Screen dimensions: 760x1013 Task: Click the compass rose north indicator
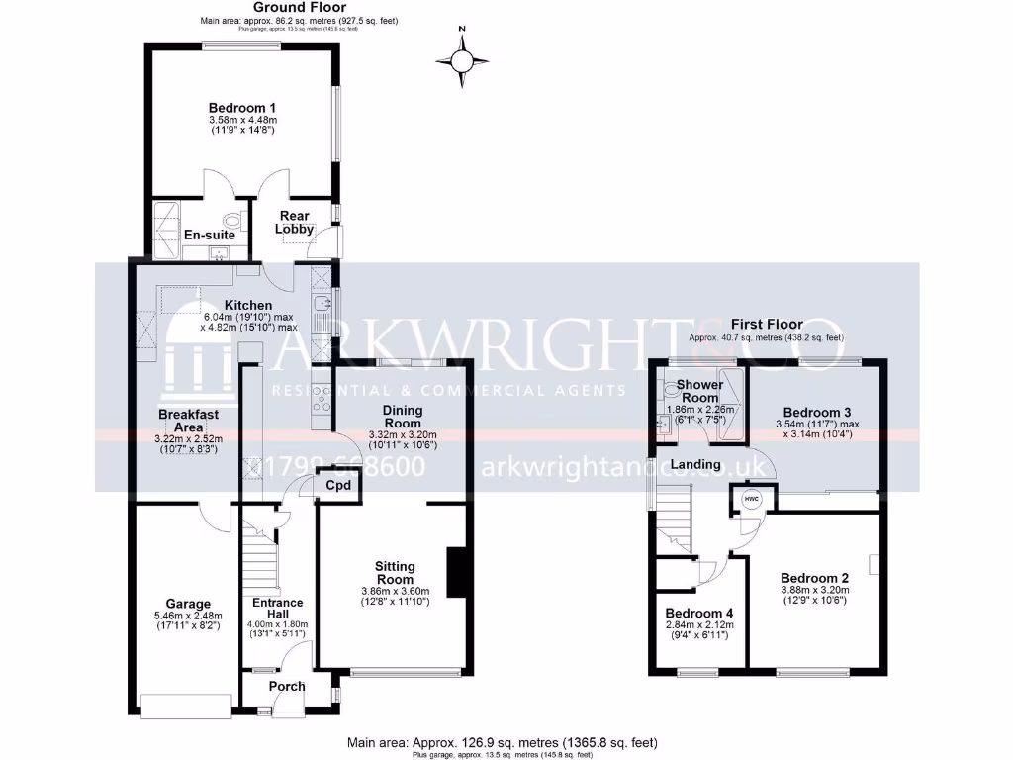462,60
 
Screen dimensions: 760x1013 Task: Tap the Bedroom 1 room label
241,108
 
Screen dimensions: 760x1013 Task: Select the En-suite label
210,235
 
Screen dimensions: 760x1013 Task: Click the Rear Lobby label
295,223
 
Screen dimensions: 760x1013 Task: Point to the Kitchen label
247,304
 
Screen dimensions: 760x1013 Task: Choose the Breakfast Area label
188,421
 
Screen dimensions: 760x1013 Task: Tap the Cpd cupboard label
338,486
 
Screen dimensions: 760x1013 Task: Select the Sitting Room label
395,572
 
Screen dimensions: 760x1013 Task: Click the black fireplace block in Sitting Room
456,572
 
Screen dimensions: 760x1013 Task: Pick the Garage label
188,603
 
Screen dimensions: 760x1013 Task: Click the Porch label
287,686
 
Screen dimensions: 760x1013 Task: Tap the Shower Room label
698,391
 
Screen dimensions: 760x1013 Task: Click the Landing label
694,464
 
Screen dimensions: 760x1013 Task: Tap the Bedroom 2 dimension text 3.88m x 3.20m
814,590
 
